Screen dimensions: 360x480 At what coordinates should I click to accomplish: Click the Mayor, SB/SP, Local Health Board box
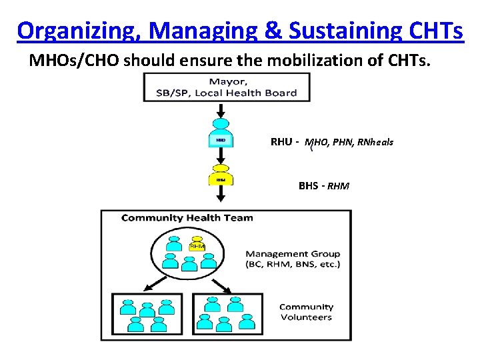coord(227,87)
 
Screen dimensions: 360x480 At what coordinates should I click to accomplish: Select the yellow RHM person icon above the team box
coord(221,175)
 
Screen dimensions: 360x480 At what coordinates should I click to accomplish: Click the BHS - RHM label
coord(323,186)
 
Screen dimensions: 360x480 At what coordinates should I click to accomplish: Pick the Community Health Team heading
coord(187,218)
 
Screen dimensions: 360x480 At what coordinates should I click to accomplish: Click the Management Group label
coord(292,253)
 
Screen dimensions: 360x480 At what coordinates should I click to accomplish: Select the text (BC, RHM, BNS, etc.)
coord(292,265)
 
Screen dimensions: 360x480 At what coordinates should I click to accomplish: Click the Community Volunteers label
coord(306,312)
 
